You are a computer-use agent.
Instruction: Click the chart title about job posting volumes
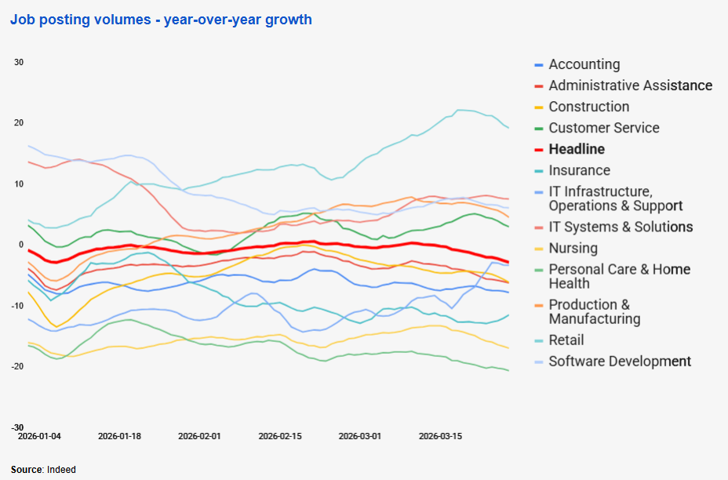pyautogui.click(x=161, y=20)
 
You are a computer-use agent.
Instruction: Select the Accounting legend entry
pyautogui.click(x=584, y=64)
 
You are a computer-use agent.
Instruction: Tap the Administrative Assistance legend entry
pyautogui.click(x=630, y=85)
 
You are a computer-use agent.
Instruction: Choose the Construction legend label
pyautogui.click(x=588, y=107)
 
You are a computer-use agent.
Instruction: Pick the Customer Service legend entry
pyautogui.click(x=603, y=128)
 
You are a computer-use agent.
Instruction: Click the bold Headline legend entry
pyautogui.click(x=577, y=149)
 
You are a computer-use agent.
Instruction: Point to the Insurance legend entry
pyautogui.click(x=579, y=170)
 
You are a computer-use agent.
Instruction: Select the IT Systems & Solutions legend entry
pyautogui.click(x=621, y=227)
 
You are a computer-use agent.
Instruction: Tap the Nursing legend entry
pyautogui.click(x=573, y=248)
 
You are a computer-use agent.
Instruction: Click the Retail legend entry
pyautogui.click(x=566, y=340)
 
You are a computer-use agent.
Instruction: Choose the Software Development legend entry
pyautogui.click(x=620, y=361)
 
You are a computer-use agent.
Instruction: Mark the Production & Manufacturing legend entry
pyautogui.click(x=594, y=311)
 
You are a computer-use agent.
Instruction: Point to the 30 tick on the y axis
pyautogui.click(x=20, y=63)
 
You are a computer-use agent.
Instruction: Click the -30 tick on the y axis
pyautogui.click(x=18, y=427)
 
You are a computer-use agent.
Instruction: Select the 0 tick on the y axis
pyautogui.click(x=22, y=245)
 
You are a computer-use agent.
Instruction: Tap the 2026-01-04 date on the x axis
pyautogui.click(x=39, y=435)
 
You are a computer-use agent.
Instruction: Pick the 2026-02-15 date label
pyautogui.click(x=280, y=435)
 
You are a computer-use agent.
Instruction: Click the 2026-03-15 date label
pyautogui.click(x=440, y=435)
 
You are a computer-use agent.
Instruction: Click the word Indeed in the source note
pyautogui.click(x=61, y=469)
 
